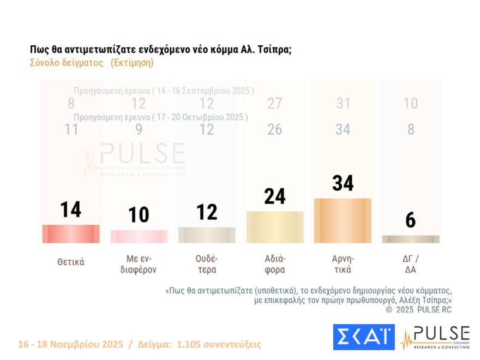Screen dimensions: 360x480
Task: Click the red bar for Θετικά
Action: pos(71,233)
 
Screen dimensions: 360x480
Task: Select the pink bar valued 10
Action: pos(139,236)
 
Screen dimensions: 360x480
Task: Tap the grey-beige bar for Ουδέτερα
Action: pos(207,235)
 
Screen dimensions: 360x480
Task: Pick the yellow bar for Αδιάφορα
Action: pos(275,227)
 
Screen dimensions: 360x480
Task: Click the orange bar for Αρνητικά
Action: pos(343,220)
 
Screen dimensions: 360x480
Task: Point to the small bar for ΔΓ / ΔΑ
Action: pos(411,239)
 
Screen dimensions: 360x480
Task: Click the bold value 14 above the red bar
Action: pos(71,209)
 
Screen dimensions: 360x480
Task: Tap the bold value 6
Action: pos(411,220)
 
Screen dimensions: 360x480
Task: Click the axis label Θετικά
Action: pos(71,262)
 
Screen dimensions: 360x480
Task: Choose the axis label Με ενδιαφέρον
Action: pos(139,264)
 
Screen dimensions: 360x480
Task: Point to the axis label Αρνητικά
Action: pos(343,264)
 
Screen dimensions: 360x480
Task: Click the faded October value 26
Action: pos(275,129)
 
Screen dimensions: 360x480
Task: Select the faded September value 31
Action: pos(343,103)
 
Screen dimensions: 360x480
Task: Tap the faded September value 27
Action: pos(275,103)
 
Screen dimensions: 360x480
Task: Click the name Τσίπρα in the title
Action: pos(273,49)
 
